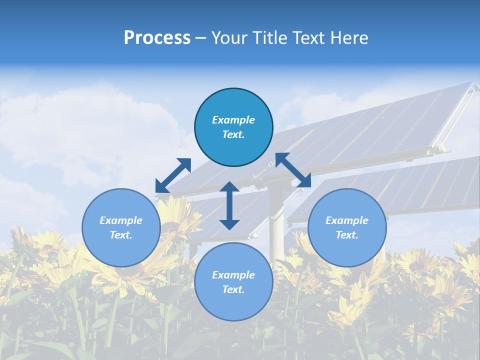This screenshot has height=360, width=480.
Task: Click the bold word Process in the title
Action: pyautogui.click(x=157, y=38)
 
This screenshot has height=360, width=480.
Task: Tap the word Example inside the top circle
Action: pyautogui.click(x=233, y=120)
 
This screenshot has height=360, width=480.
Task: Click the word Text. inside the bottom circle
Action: pyautogui.click(x=233, y=289)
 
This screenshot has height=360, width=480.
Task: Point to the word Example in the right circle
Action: pyautogui.click(x=347, y=220)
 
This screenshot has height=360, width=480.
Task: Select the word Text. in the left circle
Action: pyautogui.click(x=121, y=235)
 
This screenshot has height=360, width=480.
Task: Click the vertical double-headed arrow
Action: pyautogui.click(x=229, y=205)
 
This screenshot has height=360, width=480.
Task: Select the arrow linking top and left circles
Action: pyautogui.click(x=173, y=175)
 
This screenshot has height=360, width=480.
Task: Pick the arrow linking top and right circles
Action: pyautogui.click(x=293, y=170)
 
